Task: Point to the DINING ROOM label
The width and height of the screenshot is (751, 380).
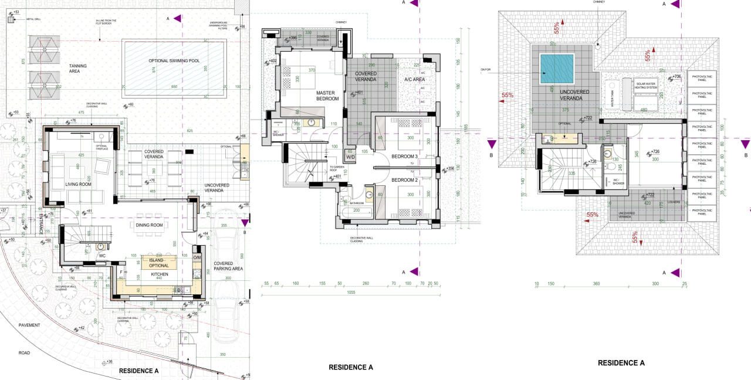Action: pos(149,225)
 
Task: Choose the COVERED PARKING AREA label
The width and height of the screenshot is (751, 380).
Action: pos(228,266)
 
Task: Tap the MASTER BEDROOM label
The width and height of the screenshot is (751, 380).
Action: pos(327,96)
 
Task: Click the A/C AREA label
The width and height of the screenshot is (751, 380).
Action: pos(414,79)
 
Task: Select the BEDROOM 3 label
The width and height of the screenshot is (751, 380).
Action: pos(404,157)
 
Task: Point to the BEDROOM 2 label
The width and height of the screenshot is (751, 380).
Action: pos(404,179)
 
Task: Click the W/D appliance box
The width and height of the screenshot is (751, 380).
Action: pos(350,157)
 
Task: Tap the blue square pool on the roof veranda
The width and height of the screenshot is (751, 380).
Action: pos(557,69)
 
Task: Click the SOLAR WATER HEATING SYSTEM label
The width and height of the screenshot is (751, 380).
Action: pos(650,86)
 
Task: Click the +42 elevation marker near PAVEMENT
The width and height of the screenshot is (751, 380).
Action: pos(80,328)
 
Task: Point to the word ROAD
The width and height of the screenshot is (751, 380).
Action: pos(24,353)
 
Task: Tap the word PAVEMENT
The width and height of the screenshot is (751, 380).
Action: pos(29,325)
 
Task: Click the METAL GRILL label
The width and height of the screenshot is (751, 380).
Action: pos(33,19)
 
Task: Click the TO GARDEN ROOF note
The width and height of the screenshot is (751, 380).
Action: pos(337,169)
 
